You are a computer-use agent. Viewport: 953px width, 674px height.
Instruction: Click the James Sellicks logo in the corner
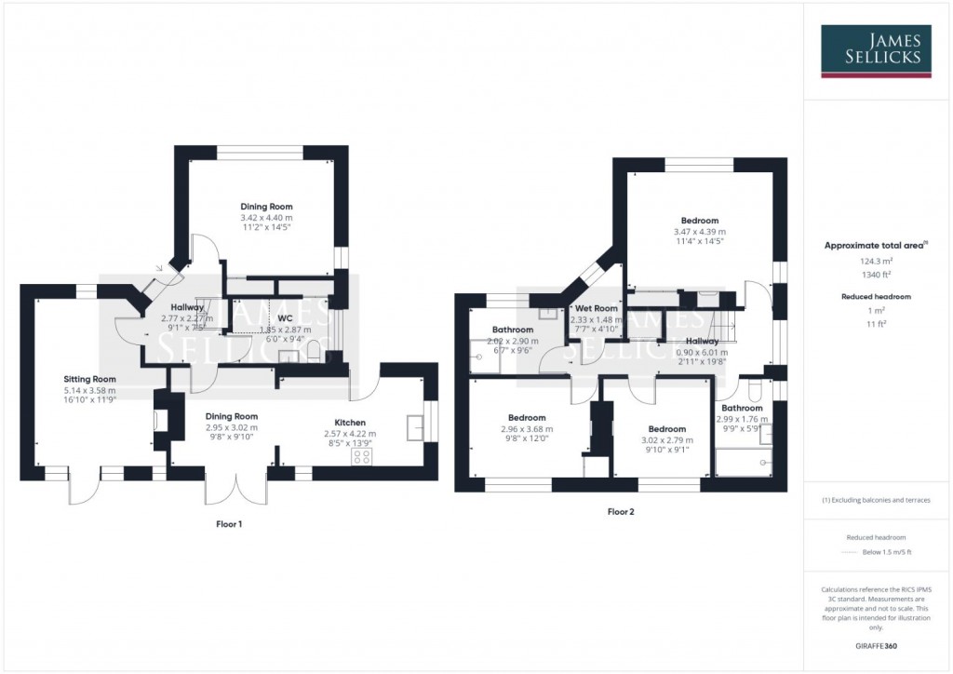point(878,51)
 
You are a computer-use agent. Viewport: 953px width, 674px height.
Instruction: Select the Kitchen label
point(350,423)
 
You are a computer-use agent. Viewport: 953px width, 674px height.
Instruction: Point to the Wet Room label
point(596,308)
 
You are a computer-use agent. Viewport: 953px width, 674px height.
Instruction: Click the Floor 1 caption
point(229,524)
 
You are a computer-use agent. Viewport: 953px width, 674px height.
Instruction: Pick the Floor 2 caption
point(621,511)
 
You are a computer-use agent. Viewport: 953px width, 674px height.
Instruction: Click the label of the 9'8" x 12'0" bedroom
point(527,418)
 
